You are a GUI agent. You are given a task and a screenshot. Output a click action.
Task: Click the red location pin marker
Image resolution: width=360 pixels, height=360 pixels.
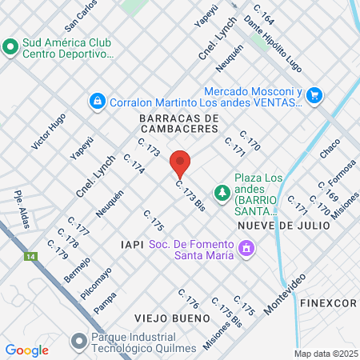[x=181, y=163]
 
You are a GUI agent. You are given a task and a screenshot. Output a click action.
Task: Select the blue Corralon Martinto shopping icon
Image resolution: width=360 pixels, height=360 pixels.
[x=97, y=101]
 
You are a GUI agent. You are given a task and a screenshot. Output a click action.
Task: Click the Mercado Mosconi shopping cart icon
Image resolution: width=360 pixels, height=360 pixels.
[x=314, y=94]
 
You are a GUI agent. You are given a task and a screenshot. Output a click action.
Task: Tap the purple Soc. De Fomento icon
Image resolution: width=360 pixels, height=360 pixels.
[x=247, y=250]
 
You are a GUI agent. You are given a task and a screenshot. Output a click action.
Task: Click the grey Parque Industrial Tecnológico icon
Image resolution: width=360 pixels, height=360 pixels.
[x=78, y=342]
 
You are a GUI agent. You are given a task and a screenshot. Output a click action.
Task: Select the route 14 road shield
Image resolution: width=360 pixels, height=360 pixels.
[x=30, y=257]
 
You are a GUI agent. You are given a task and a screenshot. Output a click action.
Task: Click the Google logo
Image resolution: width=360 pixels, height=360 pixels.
[x=26, y=350]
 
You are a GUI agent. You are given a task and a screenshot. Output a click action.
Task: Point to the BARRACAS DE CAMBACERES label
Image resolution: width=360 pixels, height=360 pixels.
[x=178, y=123]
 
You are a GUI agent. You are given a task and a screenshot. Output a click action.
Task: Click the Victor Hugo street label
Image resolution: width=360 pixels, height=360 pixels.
[x=48, y=132]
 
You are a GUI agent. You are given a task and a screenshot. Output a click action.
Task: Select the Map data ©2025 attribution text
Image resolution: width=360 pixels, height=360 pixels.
[x=325, y=354]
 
